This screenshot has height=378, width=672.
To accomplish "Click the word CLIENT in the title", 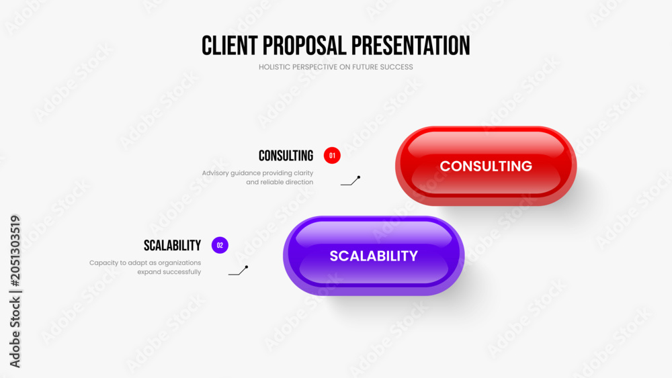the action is [x=229, y=46].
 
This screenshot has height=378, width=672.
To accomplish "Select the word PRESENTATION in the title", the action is [x=411, y=46].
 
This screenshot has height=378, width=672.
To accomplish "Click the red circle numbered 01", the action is [x=332, y=155].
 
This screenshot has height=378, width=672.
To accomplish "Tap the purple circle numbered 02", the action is [x=220, y=245].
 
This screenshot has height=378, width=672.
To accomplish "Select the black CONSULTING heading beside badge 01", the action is [x=286, y=156].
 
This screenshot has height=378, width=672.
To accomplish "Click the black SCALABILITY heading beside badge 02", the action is [x=172, y=246].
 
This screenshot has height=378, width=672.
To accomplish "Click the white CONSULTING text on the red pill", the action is [x=486, y=166].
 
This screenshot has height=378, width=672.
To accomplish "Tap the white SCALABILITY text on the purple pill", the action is [x=374, y=256].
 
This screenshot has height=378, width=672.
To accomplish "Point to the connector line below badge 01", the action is [x=351, y=181].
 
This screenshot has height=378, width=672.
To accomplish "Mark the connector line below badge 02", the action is [x=239, y=271].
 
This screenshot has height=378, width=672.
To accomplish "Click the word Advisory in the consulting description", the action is [x=215, y=173].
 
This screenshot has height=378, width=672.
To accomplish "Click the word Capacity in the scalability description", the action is [x=103, y=263].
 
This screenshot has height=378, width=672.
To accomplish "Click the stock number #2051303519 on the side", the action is [x=15, y=251].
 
